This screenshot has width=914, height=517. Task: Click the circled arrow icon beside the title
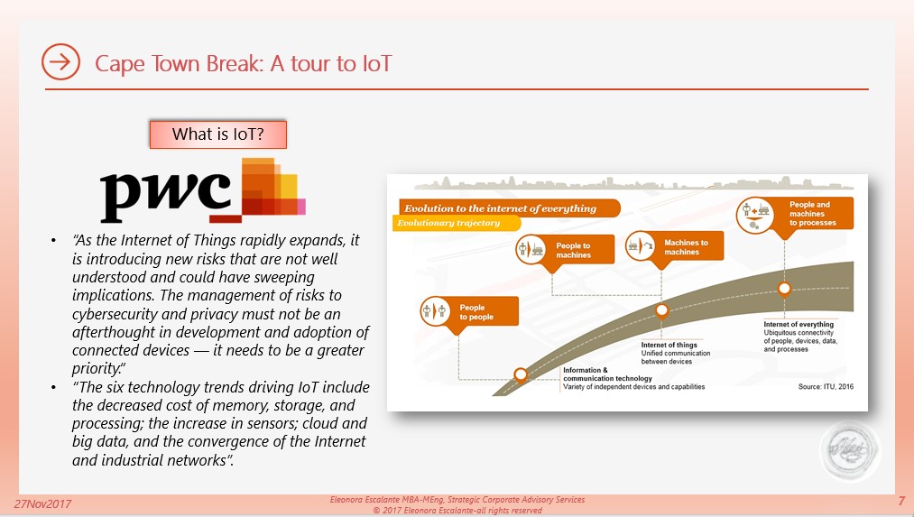60,61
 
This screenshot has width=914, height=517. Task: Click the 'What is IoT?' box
218,134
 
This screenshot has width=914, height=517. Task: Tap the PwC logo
203,190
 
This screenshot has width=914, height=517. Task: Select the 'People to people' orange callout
469,313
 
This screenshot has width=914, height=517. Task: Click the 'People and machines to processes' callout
795,215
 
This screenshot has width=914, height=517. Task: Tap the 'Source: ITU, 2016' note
826,386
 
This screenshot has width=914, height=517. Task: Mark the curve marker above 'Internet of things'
661,310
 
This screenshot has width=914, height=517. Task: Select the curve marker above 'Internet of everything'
785,289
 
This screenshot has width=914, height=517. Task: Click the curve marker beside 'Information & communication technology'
521,374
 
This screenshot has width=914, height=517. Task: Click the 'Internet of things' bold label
669,345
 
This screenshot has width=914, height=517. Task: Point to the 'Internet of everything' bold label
799,324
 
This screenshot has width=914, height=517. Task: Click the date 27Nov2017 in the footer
42,504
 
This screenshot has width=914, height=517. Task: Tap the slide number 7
901,502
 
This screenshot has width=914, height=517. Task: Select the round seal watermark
850,450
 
